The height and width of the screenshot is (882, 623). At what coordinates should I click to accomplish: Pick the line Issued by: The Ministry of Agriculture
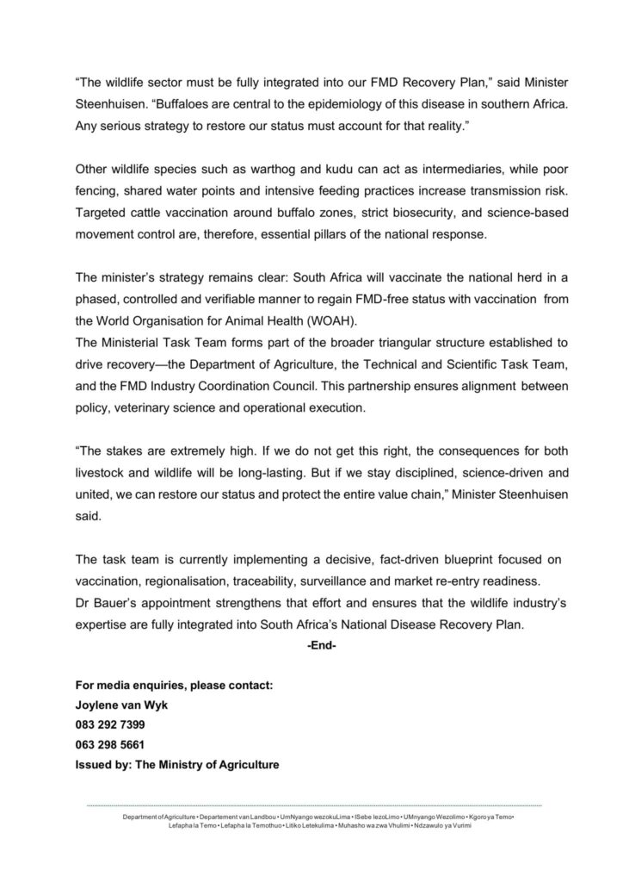[177, 766]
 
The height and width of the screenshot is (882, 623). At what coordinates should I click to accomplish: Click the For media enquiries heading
[174, 685]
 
